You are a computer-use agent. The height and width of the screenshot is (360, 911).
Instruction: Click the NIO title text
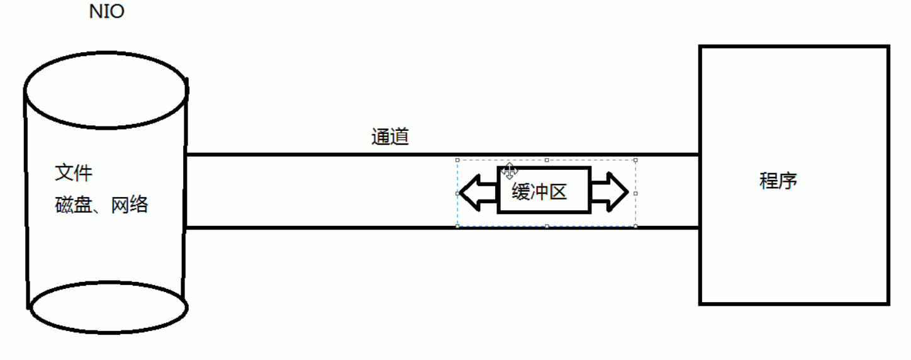pos(107,11)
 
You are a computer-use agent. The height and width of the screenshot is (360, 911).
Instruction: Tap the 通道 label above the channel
pos(390,137)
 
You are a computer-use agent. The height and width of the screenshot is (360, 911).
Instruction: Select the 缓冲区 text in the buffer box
pos(540,192)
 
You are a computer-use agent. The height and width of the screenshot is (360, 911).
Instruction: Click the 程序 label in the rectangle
pos(778,181)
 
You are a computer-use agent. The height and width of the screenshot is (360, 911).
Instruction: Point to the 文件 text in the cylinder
pos(74,173)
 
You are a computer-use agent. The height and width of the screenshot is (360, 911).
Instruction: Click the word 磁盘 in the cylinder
pos(74,205)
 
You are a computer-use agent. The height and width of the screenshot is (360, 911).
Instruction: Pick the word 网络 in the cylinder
pos(130,205)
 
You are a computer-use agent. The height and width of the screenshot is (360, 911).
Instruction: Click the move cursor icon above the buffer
pos(510,171)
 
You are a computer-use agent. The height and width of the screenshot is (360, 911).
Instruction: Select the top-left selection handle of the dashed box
pos(457,160)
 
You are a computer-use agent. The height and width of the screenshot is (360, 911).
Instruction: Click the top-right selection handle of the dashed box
pos(635,160)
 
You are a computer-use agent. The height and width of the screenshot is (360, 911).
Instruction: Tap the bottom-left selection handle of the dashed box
pos(457,226)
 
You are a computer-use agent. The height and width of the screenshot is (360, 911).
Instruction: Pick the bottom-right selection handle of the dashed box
pos(635,226)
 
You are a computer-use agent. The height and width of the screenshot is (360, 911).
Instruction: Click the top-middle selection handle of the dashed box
pos(547,160)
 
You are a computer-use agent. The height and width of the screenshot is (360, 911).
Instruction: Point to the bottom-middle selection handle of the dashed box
pos(547,226)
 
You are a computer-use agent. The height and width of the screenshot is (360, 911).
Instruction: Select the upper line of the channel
pos(315,154)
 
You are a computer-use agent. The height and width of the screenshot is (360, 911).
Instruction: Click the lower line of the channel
pos(315,227)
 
